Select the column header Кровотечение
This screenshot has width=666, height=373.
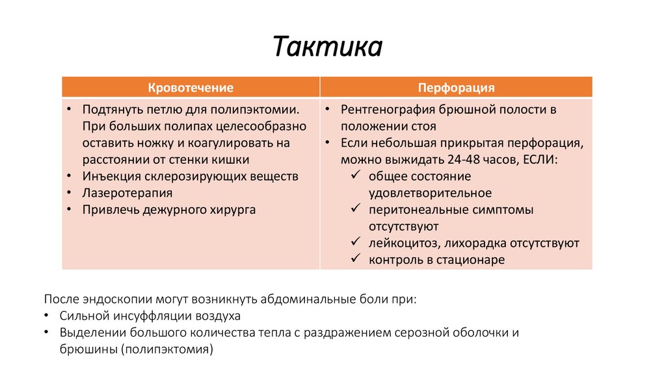pyautogui.click(x=191, y=88)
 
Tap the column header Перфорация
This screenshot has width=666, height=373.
pyautogui.click(x=456, y=88)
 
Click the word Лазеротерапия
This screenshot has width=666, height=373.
pyautogui.click(x=127, y=193)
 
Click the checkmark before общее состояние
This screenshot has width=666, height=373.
pyautogui.click(x=355, y=176)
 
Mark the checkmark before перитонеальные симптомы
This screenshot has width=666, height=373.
pyautogui.click(x=355, y=210)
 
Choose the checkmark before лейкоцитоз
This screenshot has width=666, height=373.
pyautogui.click(x=355, y=244)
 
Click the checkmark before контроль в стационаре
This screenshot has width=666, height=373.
pyautogui.click(x=355, y=260)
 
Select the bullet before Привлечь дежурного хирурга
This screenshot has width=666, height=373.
pyautogui.click(x=69, y=210)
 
